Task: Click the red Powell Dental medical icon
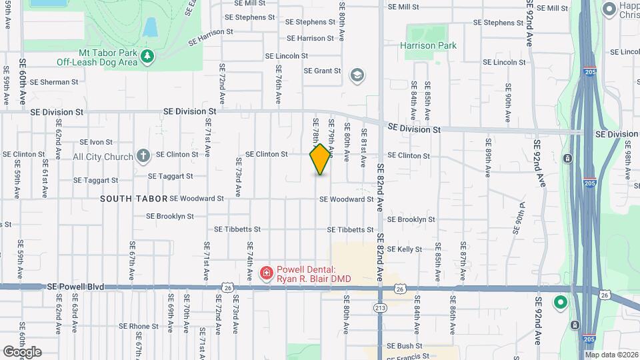coord(266,273)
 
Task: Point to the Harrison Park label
coord(429,46)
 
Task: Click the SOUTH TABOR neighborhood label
coord(133,199)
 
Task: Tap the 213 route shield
coord(379,308)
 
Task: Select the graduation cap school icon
coord(357,75)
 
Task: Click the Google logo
coord(21,351)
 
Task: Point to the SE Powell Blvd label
coord(76,286)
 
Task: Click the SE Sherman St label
coord(54,82)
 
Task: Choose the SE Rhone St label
coord(138,326)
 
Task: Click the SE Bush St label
coord(405,346)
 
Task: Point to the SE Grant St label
coord(322,71)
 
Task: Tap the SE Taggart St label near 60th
coord(95,180)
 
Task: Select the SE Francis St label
coord(407,357)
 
